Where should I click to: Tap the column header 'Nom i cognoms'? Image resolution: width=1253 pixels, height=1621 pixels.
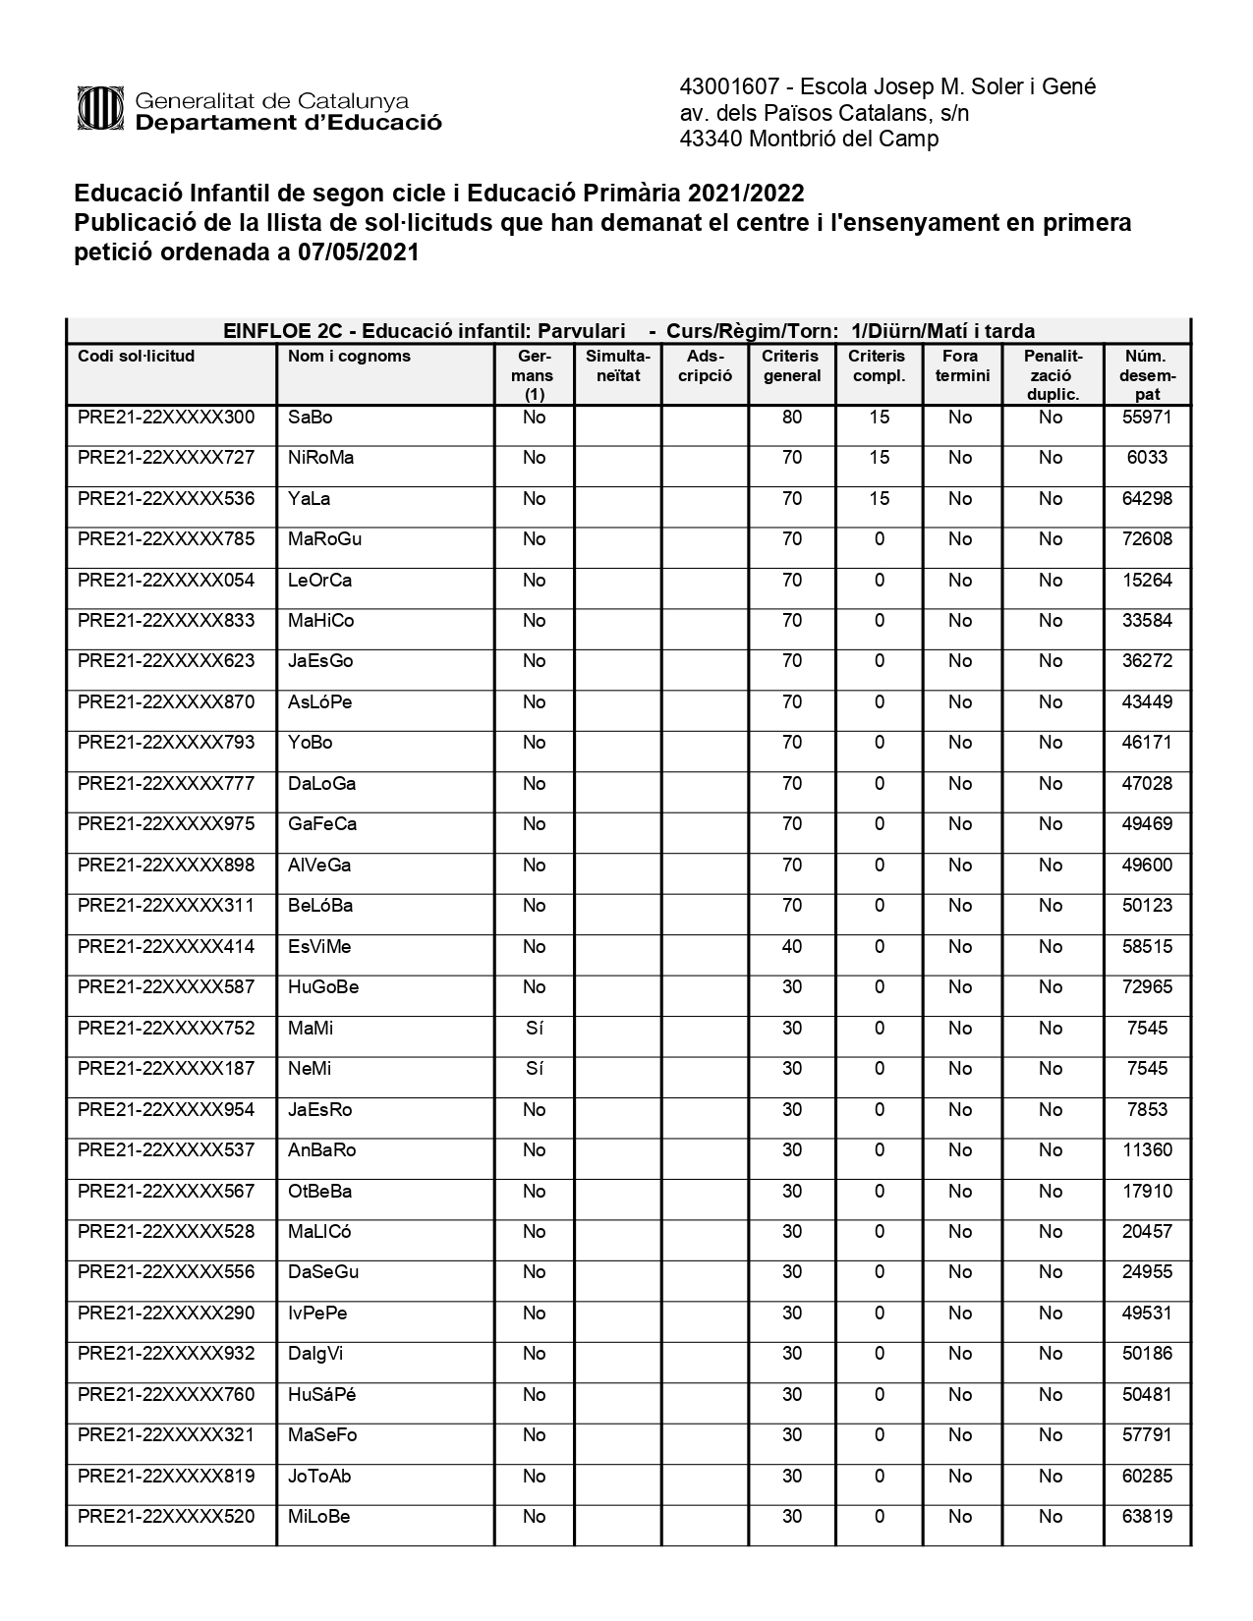(349, 356)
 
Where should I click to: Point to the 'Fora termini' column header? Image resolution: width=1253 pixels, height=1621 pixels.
(961, 365)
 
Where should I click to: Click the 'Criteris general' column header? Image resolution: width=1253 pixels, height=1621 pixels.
(791, 365)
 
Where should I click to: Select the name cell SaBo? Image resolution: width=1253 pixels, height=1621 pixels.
(310, 418)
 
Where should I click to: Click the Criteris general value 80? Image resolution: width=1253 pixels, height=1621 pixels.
(792, 418)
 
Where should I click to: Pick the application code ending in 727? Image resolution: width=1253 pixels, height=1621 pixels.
(166, 458)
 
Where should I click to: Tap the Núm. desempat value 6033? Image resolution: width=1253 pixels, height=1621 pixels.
(1147, 458)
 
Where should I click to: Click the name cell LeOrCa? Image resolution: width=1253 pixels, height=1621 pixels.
(319, 581)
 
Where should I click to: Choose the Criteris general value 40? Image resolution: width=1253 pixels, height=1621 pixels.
(792, 947)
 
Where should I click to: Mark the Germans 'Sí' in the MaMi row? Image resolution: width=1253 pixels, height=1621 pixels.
(534, 1029)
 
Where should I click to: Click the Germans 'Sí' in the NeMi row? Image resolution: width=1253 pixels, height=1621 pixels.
(534, 1069)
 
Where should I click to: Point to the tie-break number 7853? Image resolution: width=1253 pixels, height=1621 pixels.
(1147, 1110)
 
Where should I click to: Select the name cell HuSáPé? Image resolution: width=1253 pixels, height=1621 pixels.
(321, 1395)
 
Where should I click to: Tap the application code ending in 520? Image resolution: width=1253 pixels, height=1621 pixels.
(166, 1517)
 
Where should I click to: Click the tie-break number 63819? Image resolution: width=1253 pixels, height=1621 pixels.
(1147, 1517)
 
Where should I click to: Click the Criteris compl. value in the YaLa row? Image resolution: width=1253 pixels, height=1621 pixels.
(879, 499)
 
